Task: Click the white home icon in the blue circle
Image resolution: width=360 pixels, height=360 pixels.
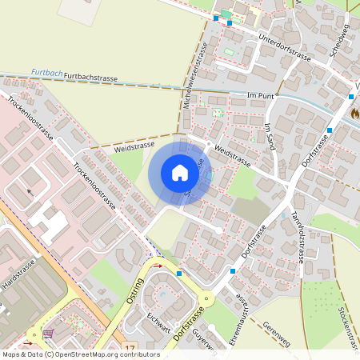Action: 180,173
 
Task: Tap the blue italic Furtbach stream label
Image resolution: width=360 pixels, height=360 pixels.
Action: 47,73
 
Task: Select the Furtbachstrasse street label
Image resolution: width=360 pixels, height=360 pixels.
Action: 90,78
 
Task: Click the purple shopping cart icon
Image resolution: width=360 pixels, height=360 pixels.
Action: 49,334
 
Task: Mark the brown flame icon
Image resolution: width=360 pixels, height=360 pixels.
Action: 354,114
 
